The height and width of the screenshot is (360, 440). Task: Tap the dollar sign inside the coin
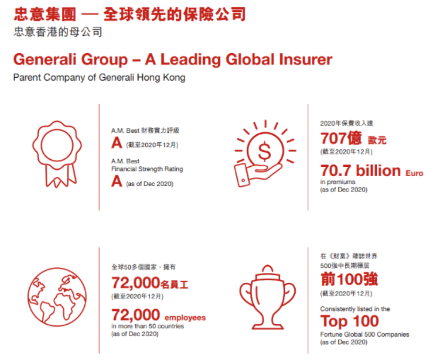click(265, 151)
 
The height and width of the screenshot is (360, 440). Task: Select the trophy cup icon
click(268, 297)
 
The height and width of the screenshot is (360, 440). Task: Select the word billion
click(378, 170)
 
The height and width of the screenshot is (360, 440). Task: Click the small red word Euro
click(414, 173)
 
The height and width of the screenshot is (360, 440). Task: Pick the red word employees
click(185, 318)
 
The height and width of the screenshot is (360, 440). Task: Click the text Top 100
click(349, 321)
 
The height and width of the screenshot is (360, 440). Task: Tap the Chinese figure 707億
click(341, 138)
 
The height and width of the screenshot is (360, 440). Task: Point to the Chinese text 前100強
click(349, 279)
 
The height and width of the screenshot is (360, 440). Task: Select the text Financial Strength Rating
click(147, 169)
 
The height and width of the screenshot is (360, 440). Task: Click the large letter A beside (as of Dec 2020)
click(116, 181)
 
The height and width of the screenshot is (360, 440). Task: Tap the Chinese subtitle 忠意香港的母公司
click(58, 32)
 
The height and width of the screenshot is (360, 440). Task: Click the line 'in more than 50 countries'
click(148, 326)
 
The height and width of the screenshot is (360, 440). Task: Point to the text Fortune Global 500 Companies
click(365, 335)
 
